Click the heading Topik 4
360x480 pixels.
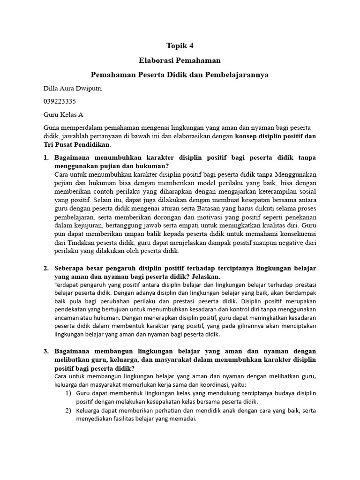tap(180, 45)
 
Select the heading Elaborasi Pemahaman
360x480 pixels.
tap(180, 60)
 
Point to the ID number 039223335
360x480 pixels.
tap(60, 101)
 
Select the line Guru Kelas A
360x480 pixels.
tap(63, 114)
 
